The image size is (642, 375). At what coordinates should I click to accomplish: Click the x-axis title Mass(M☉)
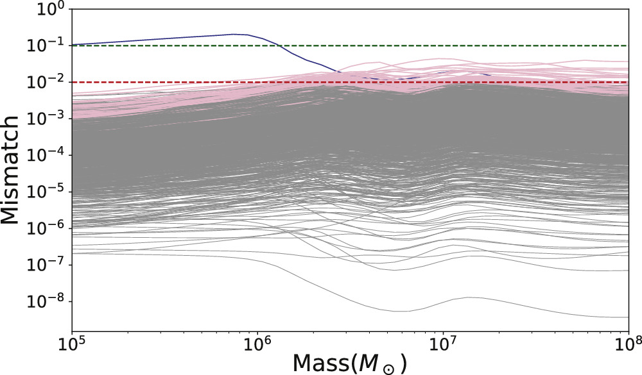pyautogui.click(x=350, y=363)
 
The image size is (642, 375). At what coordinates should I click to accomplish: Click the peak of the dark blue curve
pyautogui.click(x=235, y=34)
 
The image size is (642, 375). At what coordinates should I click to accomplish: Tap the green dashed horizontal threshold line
pyautogui.click(x=449, y=46)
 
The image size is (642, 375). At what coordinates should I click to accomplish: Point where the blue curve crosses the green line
pyautogui.click(x=278, y=46)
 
